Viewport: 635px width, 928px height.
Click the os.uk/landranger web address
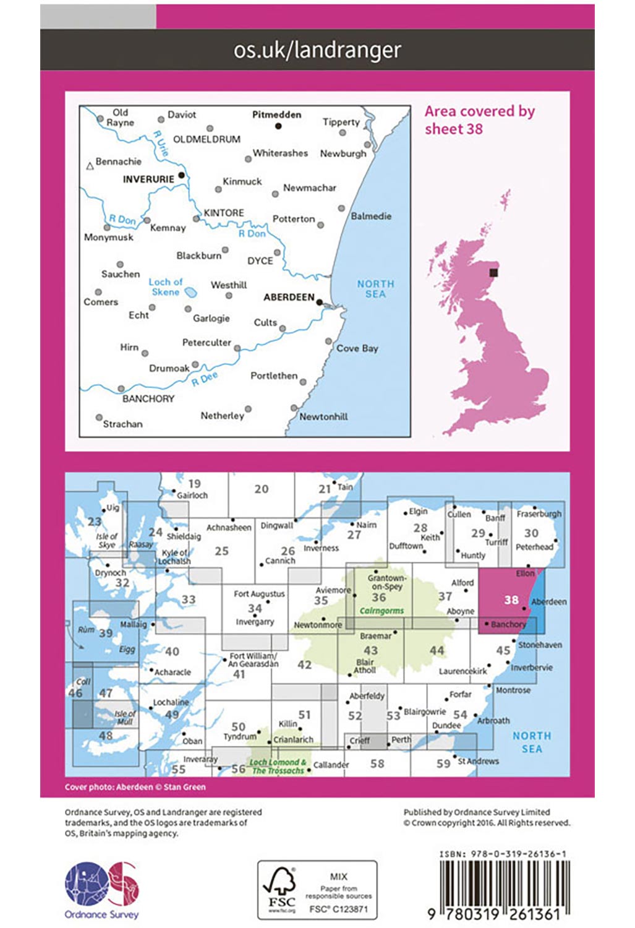pyautogui.click(x=317, y=49)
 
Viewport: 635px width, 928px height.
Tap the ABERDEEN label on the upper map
pyautogui.click(x=289, y=297)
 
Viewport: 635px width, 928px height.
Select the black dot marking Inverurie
pyautogui.click(x=181, y=175)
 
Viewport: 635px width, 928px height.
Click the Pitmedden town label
pyautogui.click(x=276, y=114)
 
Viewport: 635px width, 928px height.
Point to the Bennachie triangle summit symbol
pyautogui.click(x=90, y=166)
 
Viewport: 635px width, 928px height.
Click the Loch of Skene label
pyautogui.click(x=165, y=286)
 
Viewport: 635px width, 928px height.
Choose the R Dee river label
pyautogui.click(x=205, y=379)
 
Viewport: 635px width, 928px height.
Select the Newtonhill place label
pyautogui.click(x=323, y=416)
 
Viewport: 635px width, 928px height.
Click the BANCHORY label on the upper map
pyautogui.click(x=148, y=398)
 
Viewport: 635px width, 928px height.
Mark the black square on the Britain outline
pyautogui.click(x=493, y=272)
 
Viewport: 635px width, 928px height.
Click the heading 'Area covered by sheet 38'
pyautogui.click(x=479, y=120)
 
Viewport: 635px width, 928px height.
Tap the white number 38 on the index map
pyautogui.click(x=511, y=599)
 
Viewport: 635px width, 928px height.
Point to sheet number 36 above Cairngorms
pyautogui.click(x=378, y=597)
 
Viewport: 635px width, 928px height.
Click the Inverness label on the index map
pyautogui.click(x=321, y=548)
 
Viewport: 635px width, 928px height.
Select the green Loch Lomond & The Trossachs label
pyautogui.click(x=278, y=767)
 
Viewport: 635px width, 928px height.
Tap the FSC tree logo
pyautogui.click(x=281, y=889)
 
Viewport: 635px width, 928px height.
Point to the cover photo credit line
pyautogui.click(x=135, y=787)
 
